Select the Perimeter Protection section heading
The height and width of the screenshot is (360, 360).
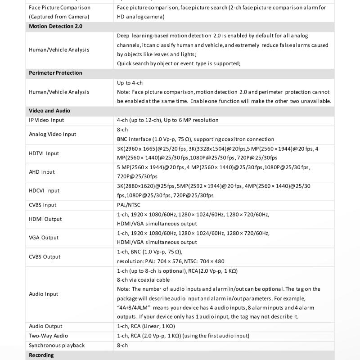(55, 73)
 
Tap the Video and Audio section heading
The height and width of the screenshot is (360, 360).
(49, 111)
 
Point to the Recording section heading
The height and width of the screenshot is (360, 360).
(41, 355)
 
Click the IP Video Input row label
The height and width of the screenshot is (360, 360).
(46, 120)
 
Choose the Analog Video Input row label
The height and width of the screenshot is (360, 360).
(52, 134)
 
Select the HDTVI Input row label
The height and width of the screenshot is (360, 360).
(44, 153)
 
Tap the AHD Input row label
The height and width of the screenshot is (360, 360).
(41, 172)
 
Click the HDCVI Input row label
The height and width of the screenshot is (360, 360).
(44, 191)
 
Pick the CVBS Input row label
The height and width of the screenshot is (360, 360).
(43, 205)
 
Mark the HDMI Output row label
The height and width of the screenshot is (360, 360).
(45, 219)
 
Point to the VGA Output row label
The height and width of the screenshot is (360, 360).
(44, 238)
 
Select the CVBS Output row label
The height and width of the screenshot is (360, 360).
(45, 257)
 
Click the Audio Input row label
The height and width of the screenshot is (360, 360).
(44, 294)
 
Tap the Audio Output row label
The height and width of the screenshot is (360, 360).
(45, 326)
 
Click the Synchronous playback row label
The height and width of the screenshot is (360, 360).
(57, 346)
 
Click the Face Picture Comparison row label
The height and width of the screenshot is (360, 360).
(59, 12)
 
